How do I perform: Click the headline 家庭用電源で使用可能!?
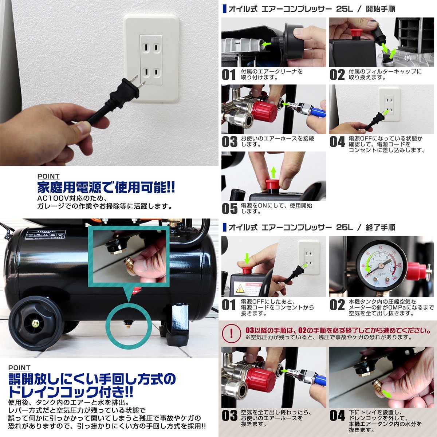point(106,188)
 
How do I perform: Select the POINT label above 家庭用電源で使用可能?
point(49,177)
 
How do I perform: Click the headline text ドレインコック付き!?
point(71,392)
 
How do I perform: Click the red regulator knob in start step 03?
point(264,111)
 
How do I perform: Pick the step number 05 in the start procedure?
point(229,209)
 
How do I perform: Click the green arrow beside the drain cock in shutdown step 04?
point(389,394)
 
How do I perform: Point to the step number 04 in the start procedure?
point(337,142)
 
